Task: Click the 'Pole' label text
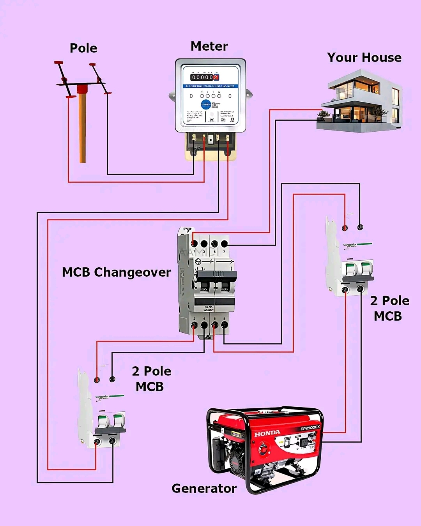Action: click(x=83, y=48)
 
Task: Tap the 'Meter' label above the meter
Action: click(x=209, y=46)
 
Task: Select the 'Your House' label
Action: click(x=364, y=58)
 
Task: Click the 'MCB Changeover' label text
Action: click(x=117, y=272)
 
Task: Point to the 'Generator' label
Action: click(x=204, y=488)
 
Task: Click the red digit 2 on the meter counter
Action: click(x=216, y=78)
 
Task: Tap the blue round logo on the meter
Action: click(x=206, y=104)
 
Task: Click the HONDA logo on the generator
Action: click(x=267, y=433)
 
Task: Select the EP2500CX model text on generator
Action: click(x=310, y=428)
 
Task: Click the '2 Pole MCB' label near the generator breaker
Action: click(x=389, y=308)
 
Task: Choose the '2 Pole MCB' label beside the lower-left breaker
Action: click(x=151, y=379)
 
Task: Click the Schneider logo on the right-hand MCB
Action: click(x=350, y=245)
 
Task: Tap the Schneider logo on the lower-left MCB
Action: click(x=102, y=397)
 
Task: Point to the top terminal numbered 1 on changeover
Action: click(x=195, y=244)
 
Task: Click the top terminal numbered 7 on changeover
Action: click(x=224, y=244)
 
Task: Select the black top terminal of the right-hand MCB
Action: click(x=360, y=227)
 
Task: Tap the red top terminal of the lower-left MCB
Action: click(x=97, y=379)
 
